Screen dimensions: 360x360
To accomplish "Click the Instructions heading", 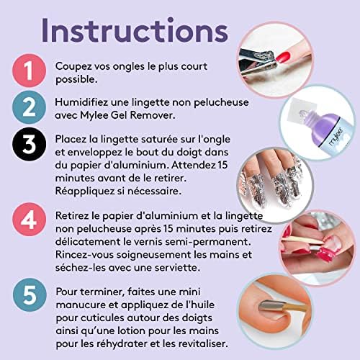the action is coord(135,30).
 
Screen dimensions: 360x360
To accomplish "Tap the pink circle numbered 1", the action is coord(29,71).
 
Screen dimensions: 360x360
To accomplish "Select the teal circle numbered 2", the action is coord(29,107).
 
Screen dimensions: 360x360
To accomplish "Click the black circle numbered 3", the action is coord(29,144).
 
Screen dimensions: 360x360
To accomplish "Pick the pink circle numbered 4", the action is coord(29,220).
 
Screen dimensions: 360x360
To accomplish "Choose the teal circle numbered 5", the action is coord(30,295).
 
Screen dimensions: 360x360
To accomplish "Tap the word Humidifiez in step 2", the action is coord(81,102).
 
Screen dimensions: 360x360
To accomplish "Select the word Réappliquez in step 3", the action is coord(85,192).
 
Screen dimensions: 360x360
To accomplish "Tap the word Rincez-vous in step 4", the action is coord(84,255).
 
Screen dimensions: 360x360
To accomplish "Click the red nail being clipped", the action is coord(284,57).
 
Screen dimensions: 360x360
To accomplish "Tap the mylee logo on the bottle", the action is coord(336,137).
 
